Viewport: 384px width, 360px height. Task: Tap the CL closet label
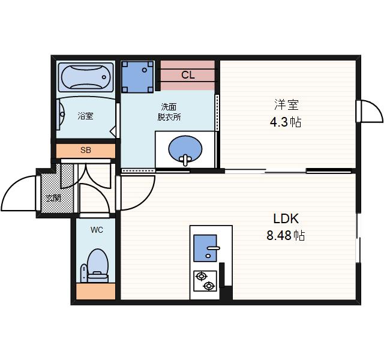188,74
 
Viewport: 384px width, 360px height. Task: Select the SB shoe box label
86,150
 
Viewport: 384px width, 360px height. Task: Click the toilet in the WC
97,266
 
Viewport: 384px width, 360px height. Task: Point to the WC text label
97,230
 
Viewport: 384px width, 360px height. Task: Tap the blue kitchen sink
205,248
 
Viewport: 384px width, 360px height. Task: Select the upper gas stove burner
202,277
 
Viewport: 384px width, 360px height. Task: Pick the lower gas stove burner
209,286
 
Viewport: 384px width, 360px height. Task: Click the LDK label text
286,218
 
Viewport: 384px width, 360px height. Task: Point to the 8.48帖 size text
286,235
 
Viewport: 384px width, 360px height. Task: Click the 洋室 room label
286,104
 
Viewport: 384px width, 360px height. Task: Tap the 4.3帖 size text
286,122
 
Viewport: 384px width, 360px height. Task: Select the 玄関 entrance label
54,198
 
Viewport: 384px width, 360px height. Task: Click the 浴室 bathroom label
85,116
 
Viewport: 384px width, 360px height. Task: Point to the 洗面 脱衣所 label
169,112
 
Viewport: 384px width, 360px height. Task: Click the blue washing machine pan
137,77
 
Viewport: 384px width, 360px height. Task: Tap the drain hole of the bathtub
104,77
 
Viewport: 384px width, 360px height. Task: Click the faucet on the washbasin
185,160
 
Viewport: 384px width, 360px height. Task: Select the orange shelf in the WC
96,291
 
